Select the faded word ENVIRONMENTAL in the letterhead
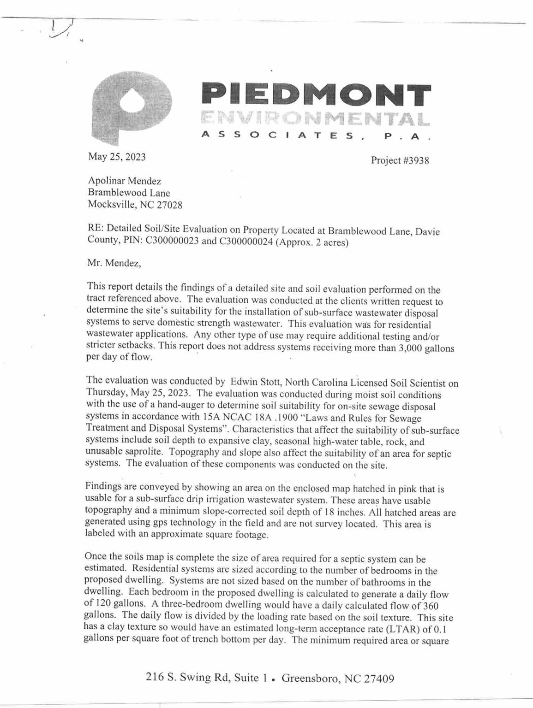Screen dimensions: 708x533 [x=316, y=119]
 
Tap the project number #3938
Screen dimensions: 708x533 [x=413, y=160]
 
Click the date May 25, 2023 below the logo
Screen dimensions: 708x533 [x=117, y=157]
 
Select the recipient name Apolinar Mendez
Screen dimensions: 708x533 [x=125, y=181]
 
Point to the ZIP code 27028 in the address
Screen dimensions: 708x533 [x=169, y=205]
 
